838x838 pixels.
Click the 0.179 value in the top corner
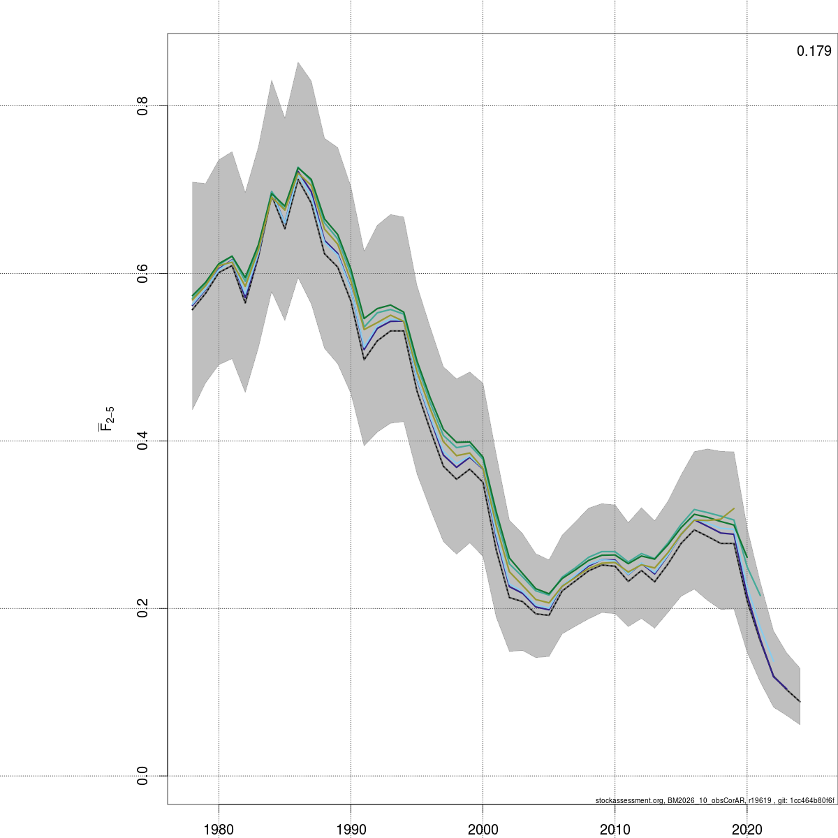814,51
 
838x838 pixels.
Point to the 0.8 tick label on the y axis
142,106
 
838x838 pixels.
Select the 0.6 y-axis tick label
142,274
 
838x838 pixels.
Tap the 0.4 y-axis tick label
142,441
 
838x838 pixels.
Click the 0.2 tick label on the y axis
142,609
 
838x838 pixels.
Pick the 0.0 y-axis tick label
142,776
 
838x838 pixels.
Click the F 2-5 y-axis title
106,418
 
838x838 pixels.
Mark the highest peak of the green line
298,168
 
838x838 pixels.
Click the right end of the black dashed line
800,702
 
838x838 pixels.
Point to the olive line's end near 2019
734,508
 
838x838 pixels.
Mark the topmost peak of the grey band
298,62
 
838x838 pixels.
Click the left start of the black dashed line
193,309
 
